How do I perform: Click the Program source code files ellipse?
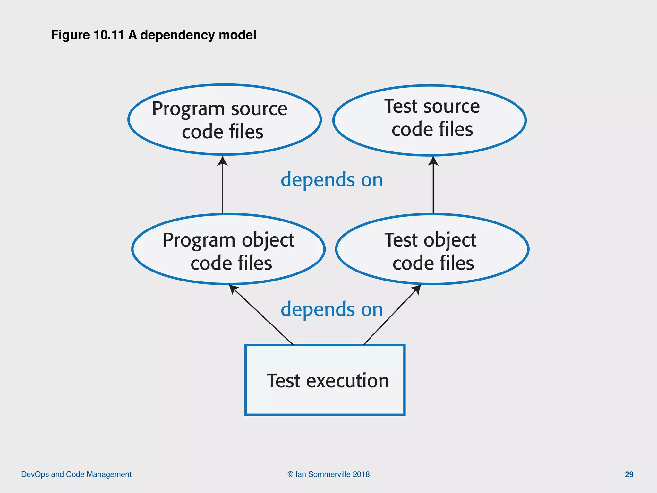click(225, 120)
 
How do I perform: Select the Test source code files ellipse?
click(430, 120)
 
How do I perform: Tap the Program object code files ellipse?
click(228, 249)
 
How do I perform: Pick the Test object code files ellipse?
click(432, 249)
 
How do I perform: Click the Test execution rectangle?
click(325, 380)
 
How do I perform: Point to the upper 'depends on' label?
click(332, 179)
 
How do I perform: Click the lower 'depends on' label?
click(332, 309)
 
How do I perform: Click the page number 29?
click(629, 474)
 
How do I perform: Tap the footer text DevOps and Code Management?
click(76, 474)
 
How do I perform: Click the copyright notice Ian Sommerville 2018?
click(330, 474)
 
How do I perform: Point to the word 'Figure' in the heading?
click(70, 35)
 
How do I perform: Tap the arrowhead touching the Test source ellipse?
click(433, 161)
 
